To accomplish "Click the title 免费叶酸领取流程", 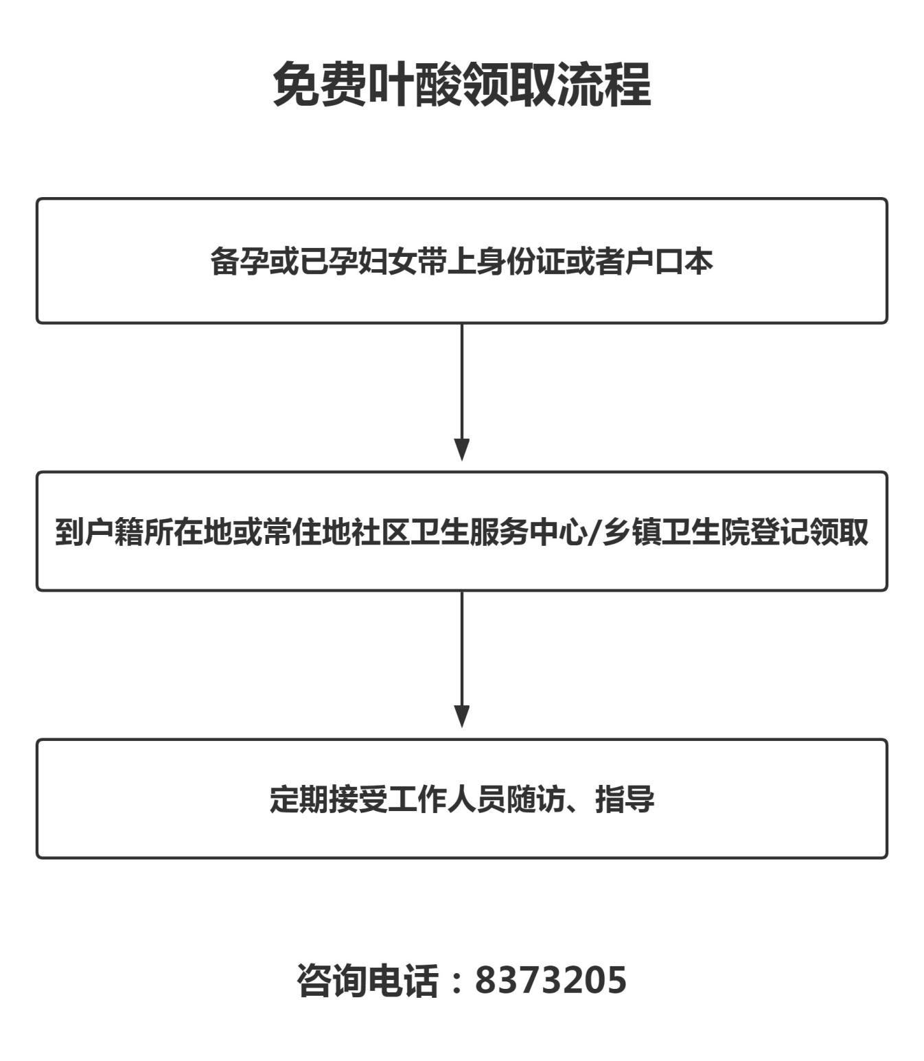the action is coord(462,84).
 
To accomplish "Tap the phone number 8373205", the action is coord(551,980).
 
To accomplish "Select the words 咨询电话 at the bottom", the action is coord(367,980).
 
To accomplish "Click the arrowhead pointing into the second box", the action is coord(462,450).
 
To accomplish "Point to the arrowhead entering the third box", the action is coord(462,717).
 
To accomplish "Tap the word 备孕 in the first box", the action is coord(240,261).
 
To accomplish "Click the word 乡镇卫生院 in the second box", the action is coord(675,532).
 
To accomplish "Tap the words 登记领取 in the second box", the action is coord(809,532).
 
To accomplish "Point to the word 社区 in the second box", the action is coord(381,532).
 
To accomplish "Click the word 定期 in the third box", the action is coord(299,799).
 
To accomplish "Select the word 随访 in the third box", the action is coord(536,799).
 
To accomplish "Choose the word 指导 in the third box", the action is coord(625,799).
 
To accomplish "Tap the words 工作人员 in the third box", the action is coord(447,799).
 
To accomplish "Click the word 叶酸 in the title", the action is coord(415,84).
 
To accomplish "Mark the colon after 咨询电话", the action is coord(457,982).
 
